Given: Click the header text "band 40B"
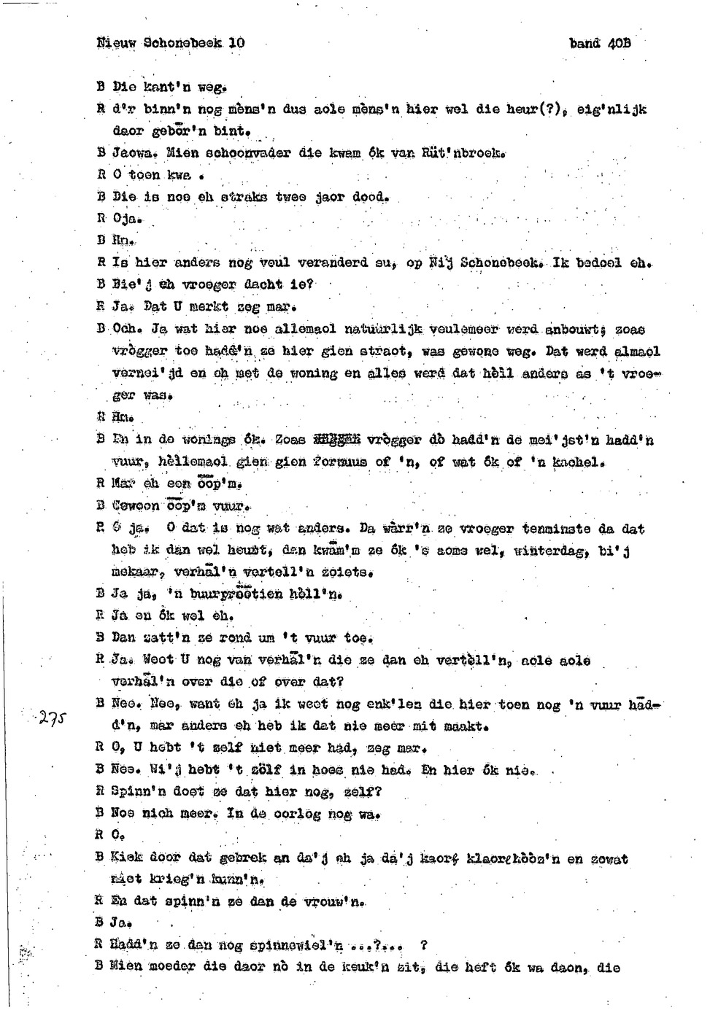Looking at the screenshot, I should pyautogui.click(x=600, y=43).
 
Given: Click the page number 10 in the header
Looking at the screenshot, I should pyautogui.click(x=236, y=43).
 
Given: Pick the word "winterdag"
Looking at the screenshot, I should pyautogui.click(x=549, y=551).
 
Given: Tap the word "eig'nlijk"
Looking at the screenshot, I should pyautogui.click(x=611, y=109).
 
